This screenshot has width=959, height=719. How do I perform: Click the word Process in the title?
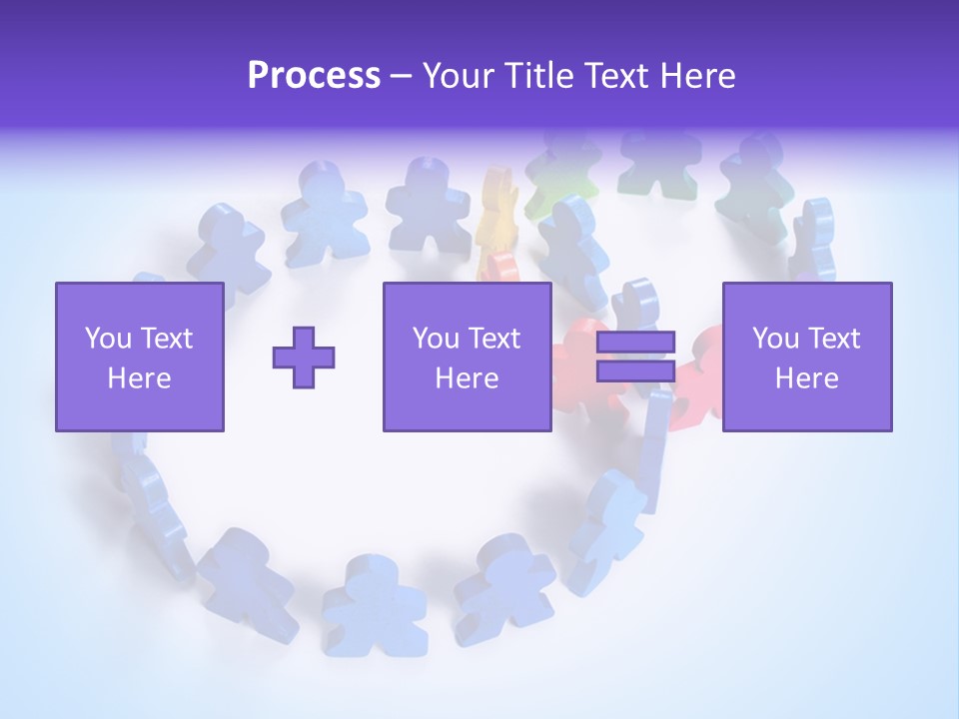[x=314, y=75]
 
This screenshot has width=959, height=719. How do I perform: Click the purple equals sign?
[x=635, y=358]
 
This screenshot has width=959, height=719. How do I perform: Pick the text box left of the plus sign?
[x=140, y=358]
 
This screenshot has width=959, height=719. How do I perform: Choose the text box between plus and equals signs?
[x=467, y=358]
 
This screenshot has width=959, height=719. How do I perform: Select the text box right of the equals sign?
[x=807, y=358]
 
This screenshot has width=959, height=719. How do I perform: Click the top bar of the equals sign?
[x=635, y=344]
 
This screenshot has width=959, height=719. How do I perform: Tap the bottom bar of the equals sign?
[x=635, y=371]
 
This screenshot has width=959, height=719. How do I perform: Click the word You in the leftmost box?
[x=108, y=339]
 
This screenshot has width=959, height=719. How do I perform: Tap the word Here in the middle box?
[x=467, y=378]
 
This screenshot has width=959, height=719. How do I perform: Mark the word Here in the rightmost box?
[x=807, y=378]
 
